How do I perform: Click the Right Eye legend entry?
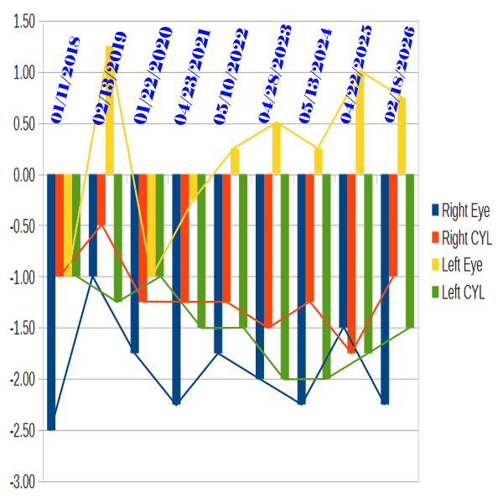click(459, 210)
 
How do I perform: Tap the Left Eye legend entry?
click(456, 265)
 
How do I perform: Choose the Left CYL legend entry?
click(456, 292)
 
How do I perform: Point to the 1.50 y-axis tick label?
click(23, 22)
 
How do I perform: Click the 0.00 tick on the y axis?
click(23, 175)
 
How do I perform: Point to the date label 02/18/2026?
click(400, 75)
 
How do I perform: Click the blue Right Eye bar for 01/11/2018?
click(51, 302)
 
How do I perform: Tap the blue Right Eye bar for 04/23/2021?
click(177, 289)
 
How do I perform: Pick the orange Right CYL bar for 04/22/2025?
click(351, 263)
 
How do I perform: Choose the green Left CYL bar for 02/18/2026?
click(410, 251)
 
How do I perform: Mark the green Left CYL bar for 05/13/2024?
click(326, 277)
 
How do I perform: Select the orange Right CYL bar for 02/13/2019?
click(101, 200)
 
